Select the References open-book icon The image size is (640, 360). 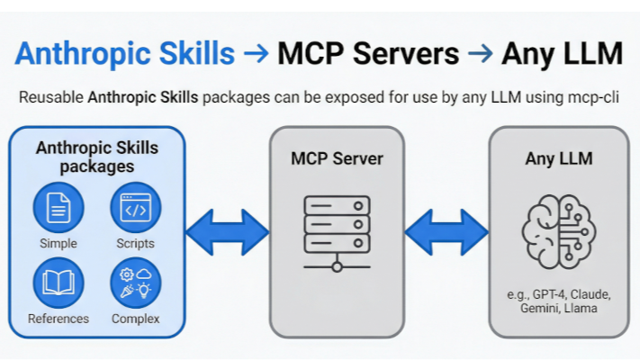point(59,283)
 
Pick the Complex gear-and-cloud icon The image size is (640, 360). point(135,283)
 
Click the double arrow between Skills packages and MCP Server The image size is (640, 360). point(227,232)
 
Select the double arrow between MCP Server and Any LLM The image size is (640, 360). point(446,232)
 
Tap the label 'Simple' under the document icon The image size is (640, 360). point(59,244)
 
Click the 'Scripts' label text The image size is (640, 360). point(135,244)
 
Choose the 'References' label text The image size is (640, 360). point(59,319)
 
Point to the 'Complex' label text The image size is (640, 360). point(135,319)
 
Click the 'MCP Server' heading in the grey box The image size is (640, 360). point(337,159)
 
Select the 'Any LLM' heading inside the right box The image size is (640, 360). point(558,159)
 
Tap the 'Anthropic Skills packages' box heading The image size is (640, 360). point(96,156)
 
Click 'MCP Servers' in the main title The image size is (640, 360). point(368,53)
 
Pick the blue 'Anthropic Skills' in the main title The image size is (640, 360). point(125,53)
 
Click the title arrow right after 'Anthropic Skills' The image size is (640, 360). point(256,53)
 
